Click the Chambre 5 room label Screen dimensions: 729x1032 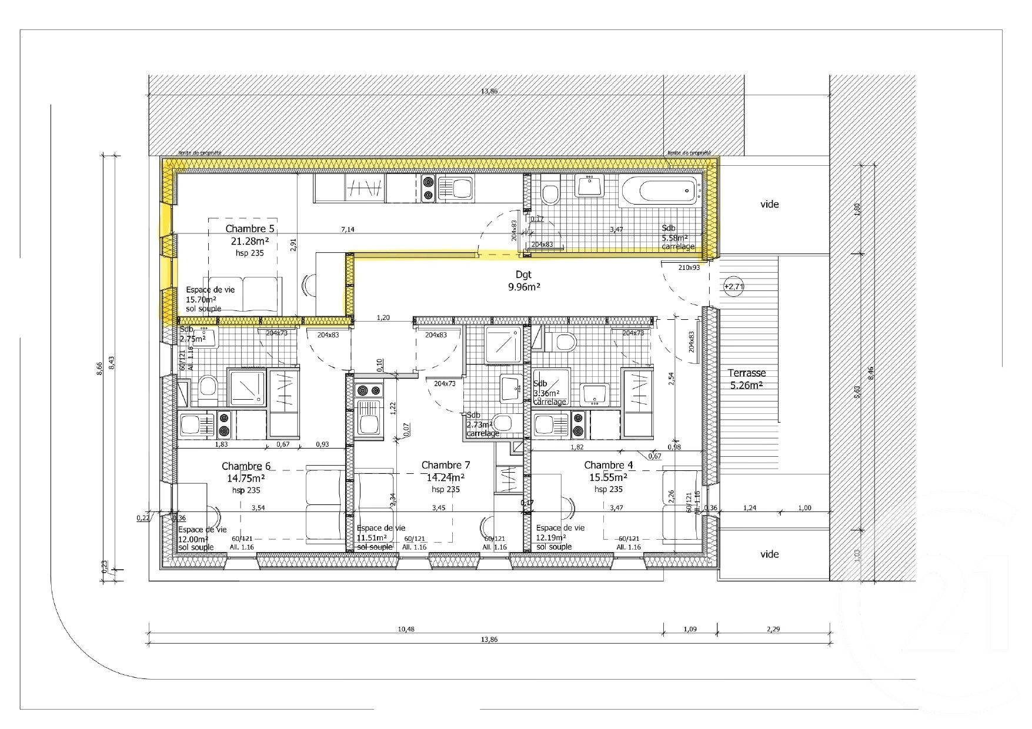250,229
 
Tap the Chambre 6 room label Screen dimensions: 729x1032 246,466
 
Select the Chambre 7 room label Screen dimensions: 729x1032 446,465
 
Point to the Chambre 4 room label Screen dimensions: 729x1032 609,465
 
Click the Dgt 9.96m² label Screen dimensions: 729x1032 524,280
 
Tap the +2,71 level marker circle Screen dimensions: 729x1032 733,287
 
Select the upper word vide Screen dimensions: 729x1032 769,204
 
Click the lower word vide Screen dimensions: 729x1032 769,554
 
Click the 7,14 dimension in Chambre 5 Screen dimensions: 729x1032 348,229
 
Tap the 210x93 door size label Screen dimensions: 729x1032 689,267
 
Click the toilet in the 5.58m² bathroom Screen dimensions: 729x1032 551,192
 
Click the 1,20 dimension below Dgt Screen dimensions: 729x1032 383,318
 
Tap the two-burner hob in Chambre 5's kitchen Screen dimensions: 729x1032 428,189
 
